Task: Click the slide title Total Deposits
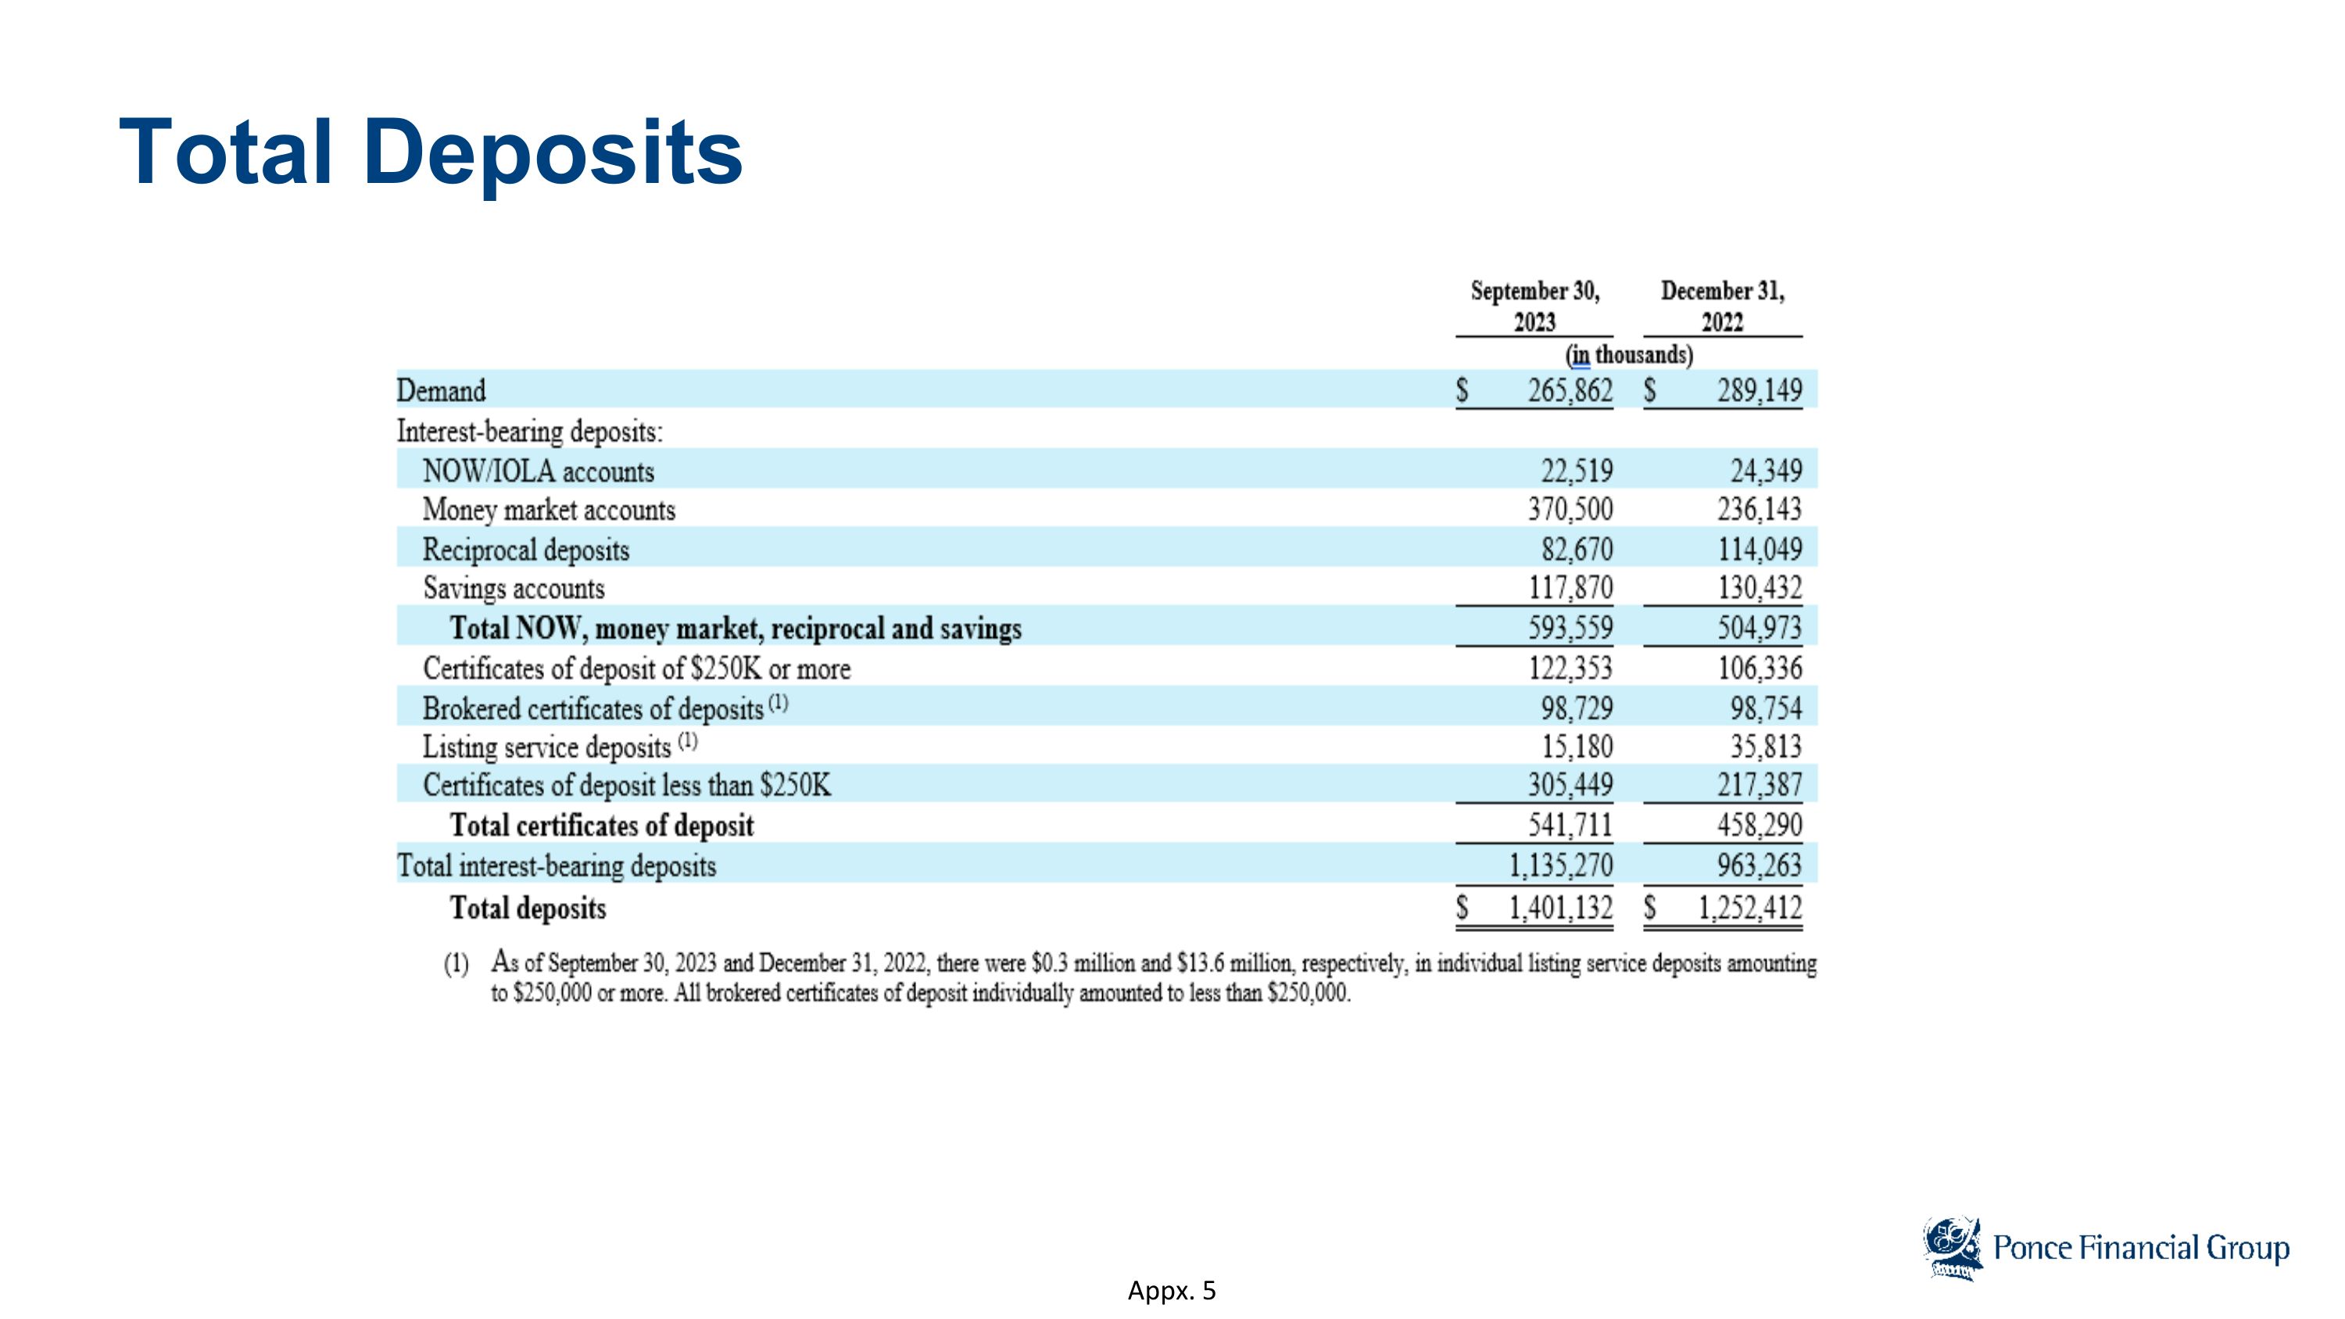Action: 431,152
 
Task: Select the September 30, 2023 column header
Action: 1535,306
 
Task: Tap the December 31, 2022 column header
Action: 1722,306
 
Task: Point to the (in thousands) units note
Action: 1628,354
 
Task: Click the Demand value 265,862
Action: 1570,390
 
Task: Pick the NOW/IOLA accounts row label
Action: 538,471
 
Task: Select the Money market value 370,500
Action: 1570,509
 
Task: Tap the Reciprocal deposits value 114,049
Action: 1760,549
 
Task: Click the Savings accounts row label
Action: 514,588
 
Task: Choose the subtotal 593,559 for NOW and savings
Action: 1570,628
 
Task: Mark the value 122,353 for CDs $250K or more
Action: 1570,668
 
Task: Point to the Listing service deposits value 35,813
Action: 1766,747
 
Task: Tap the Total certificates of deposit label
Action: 602,826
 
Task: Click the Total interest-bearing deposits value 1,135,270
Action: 1561,865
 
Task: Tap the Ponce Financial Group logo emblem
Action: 1952,1249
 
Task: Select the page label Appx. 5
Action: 1172,1291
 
